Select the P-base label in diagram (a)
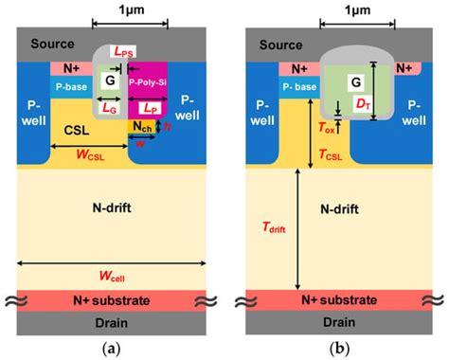click(x=72, y=86)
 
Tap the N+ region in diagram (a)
click(x=71, y=67)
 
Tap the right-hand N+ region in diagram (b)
click(x=405, y=68)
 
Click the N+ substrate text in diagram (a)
click(x=113, y=297)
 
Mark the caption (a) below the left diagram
click(x=113, y=348)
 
